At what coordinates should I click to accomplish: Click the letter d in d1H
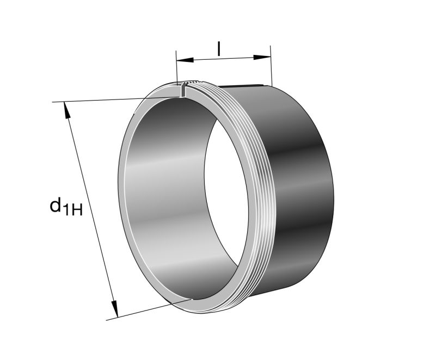[x=56, y=205]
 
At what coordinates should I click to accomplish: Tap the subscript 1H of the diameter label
[x=73, y=210]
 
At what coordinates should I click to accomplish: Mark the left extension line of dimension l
[x=176, y=68]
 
